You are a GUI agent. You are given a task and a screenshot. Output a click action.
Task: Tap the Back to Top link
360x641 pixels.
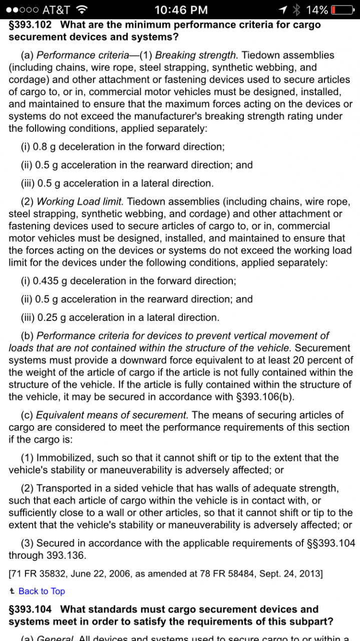click(x=42, y=591)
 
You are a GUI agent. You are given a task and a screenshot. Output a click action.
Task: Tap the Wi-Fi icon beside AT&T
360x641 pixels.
click(x=83, y=10)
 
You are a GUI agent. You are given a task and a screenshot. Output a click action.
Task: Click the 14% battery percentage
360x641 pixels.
click(x=317, y=10)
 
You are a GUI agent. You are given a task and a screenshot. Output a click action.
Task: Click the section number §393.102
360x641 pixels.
click(x=32, y=25)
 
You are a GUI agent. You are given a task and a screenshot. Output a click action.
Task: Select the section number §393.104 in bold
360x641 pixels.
click(x=32, y=609)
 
